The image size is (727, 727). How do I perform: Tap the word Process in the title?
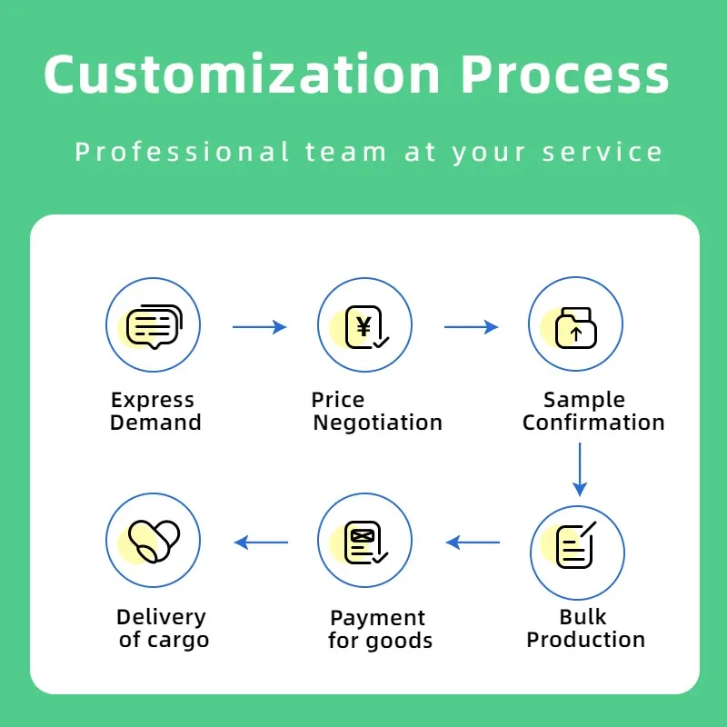point(564,74)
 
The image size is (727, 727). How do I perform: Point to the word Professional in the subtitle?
point(183,152)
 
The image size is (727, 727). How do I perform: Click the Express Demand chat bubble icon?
point(153,325)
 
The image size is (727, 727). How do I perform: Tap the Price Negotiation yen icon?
point(364,325)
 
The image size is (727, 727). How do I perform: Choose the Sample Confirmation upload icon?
point(575,325)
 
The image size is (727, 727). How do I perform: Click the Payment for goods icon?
point(364,543)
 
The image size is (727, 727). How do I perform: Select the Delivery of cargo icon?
point(153,541)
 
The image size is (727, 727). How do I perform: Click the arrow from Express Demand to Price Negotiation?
point(260,327)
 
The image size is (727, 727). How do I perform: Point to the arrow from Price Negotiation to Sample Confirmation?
point(472,327)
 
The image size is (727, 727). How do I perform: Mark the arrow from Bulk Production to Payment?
point(473,543)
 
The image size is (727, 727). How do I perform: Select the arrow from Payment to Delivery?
point(261,543)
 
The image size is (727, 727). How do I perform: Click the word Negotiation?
point(377,423)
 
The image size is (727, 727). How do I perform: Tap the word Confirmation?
point(593,423)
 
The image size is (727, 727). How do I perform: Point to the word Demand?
point(155,423)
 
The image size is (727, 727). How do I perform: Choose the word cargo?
point(177,640)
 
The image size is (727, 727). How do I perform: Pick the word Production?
point(586,640)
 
